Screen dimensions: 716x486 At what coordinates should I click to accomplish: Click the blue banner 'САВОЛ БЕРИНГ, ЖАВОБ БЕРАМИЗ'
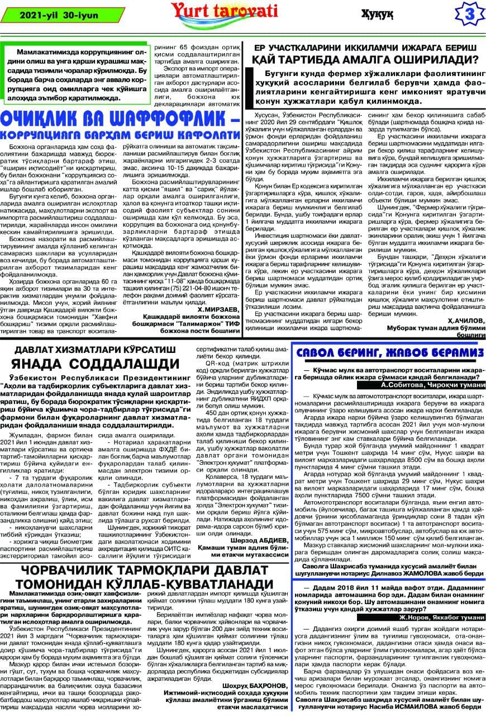pos(389,354)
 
